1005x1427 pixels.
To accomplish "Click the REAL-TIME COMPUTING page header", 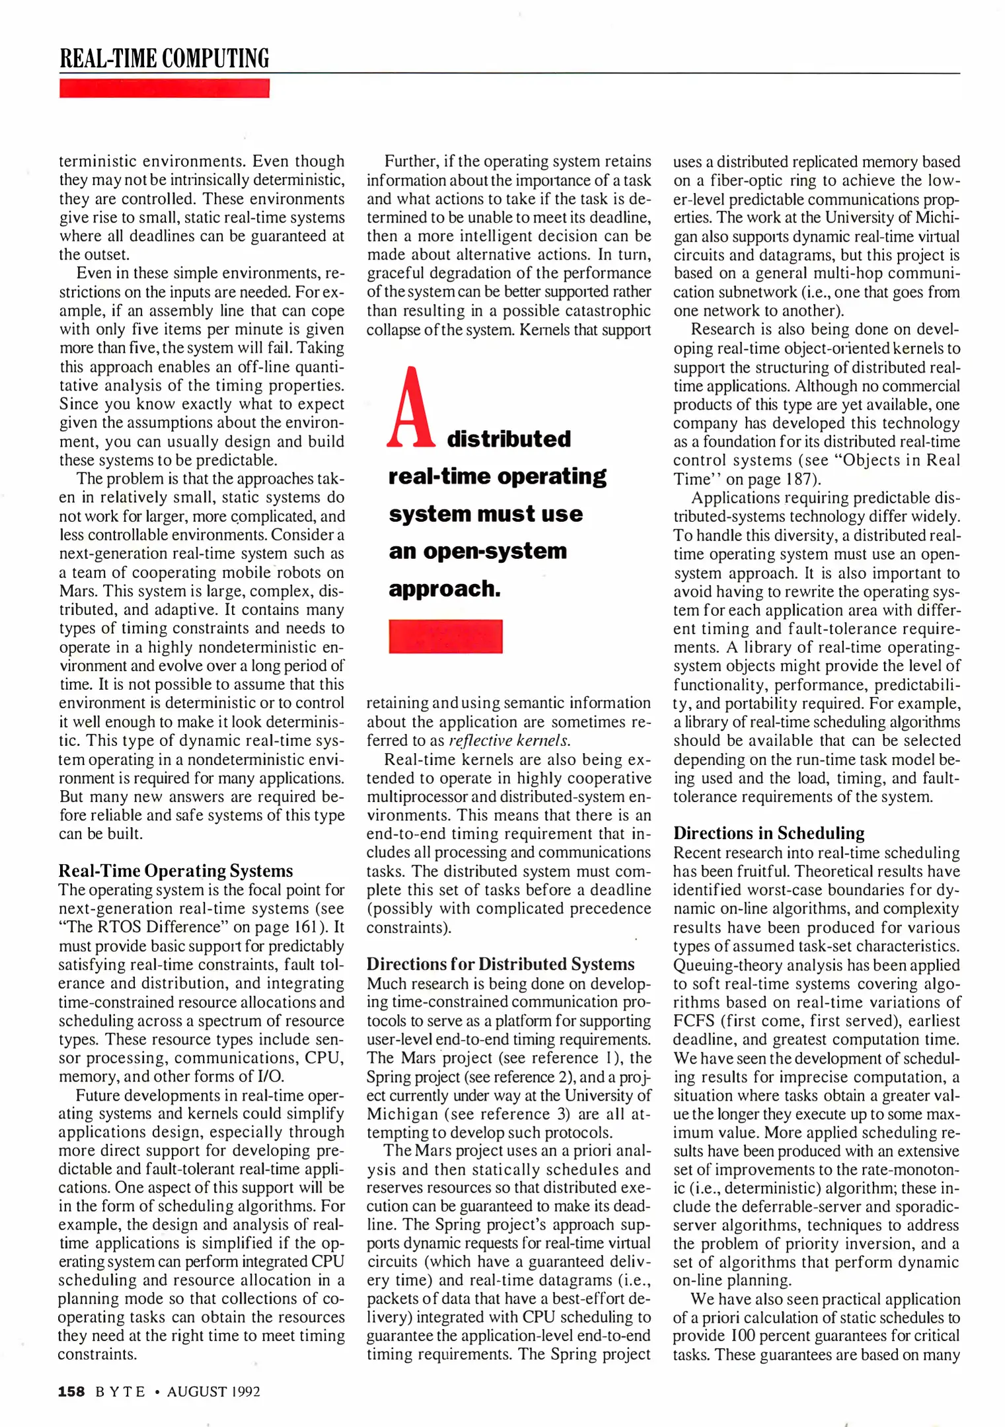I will point(165,58).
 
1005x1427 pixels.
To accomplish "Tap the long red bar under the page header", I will point(165,88).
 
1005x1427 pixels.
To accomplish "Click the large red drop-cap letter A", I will point(410,407).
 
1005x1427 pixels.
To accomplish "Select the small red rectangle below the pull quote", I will point(445,636).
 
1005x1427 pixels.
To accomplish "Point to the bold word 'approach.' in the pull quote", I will point(445,589).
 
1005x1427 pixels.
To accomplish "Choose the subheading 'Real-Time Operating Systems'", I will point(175,871).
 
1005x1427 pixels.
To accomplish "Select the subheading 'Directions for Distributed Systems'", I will point(500,964).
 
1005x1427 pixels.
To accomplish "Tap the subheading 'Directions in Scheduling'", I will point(768,833).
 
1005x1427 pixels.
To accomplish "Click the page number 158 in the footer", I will point(71,1391).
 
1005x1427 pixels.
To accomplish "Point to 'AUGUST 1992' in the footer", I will point(213,1392).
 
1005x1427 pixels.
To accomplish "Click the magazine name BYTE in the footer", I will point(120,1392).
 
